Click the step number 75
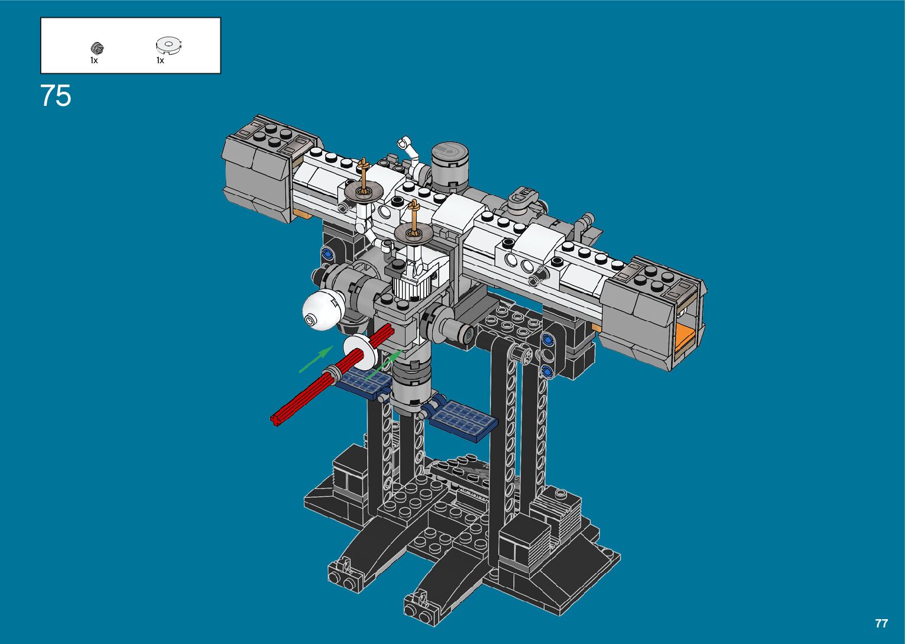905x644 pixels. tap(56, 96)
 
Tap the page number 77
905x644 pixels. tap(881, 623)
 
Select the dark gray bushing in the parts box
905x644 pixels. tap(98, 48)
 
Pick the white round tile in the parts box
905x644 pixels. tap(169, 45)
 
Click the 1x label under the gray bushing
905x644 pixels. tap(94, 61)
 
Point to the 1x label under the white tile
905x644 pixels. tap(160, 61)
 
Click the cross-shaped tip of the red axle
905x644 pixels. tap(275, 420)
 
